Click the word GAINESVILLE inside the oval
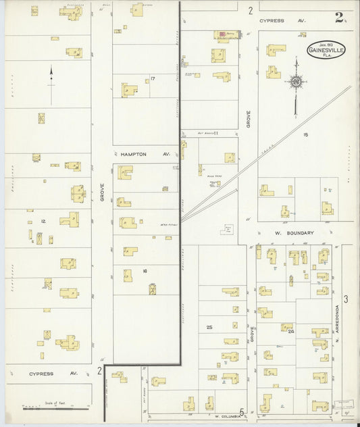click(328, 51)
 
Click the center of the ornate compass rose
click(295, 82)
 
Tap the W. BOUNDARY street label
click(294, 233)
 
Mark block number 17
click(153, 79)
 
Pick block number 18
click(145, 271)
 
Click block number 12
click(43, 221)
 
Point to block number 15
click(305, 134)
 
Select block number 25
click(209, 327)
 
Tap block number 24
click(291, 332)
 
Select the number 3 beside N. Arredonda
click(345, 299)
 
